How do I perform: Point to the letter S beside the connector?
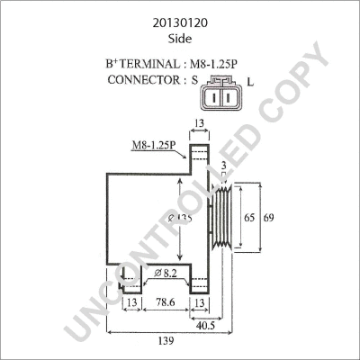(x=193, y=80)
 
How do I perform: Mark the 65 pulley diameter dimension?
(x=247, y=217)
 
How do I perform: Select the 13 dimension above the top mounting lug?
(x=201, y=123)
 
